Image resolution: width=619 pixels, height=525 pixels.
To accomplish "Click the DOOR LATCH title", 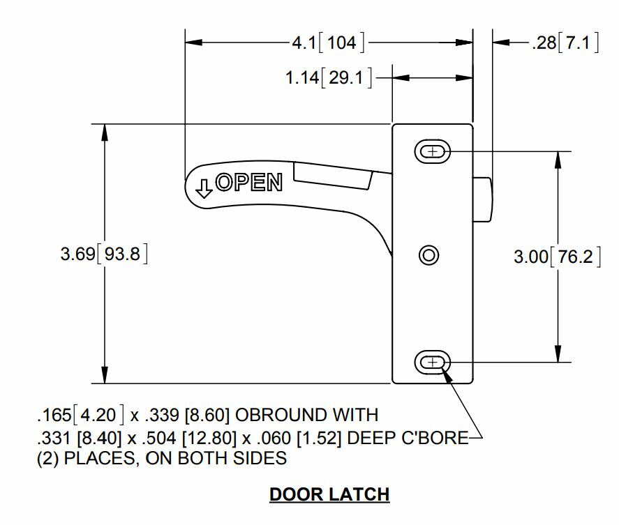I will click(x=329, y=494).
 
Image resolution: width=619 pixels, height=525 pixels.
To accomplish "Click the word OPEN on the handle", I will click(x=249, y=183).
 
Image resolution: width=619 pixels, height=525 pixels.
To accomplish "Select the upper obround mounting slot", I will click(x=433, y=151).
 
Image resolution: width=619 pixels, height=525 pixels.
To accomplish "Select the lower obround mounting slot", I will click(x=433, y=362).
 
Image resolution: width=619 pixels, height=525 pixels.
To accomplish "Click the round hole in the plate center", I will click(x=428, y=254).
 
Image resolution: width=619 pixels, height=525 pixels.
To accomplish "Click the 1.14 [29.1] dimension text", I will click(x=328, y=77).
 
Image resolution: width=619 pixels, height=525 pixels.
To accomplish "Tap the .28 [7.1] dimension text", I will click(x=565, y=43).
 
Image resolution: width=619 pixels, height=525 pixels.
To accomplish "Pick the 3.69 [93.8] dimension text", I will click(x=105, y=254).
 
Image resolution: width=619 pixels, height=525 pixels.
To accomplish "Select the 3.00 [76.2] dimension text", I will click(x=556, y=256).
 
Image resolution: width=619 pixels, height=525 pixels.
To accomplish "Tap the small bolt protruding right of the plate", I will click(x=483, y=199).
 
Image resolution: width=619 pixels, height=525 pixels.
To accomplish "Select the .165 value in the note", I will click(x=53, y=416).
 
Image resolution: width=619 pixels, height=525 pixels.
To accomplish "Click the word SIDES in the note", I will click(x=260, y=458).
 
